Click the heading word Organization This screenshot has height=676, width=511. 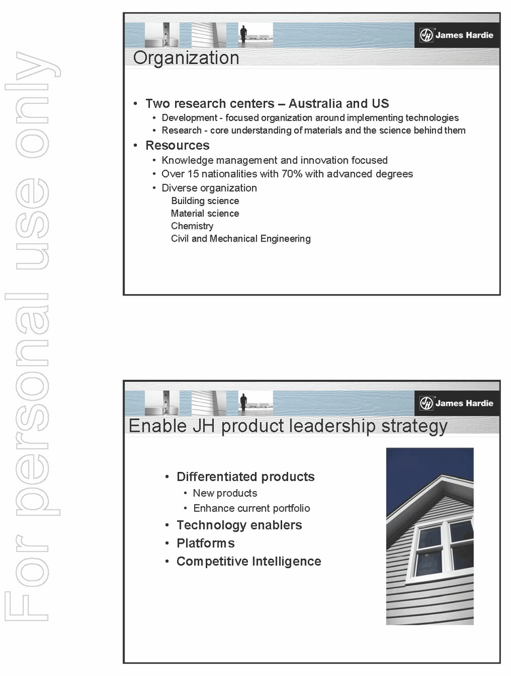pos(186,58)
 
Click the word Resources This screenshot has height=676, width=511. pos(177,145)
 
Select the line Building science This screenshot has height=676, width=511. pos(205,201)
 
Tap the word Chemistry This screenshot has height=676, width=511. pos(192,226)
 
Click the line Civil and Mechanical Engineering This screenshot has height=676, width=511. pos(241,239)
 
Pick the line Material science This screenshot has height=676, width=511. pos(205,214)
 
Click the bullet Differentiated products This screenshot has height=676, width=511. pos(245,477)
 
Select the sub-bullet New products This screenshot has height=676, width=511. pos(225,493)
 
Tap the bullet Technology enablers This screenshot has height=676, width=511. pos(239,525)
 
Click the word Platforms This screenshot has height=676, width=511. pos(206,543)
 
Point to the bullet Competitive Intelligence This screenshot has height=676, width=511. pos(249,561)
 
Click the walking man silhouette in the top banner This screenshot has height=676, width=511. pos(243,34)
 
